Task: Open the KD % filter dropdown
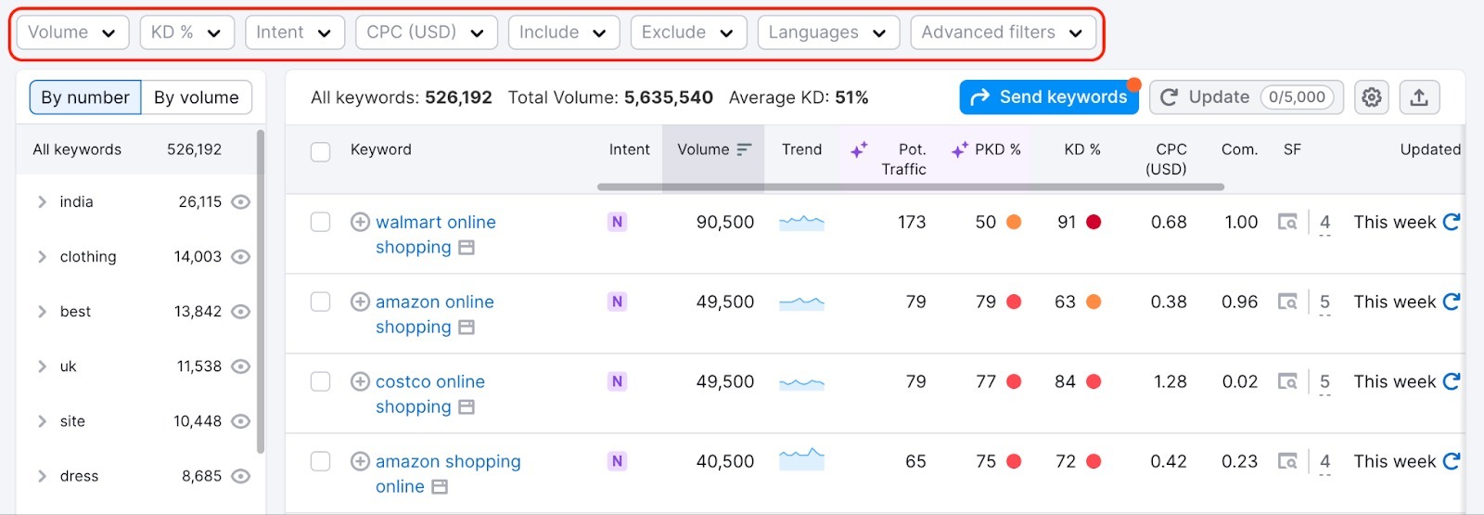[186, 32]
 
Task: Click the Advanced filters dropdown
[1003, 32]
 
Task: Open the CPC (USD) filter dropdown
[426, 32]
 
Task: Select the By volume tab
[196, 97]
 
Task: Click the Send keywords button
[1049, 97]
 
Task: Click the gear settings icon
[1371, 97]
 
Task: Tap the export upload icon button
[1419, 97]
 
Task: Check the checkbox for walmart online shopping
[320, 222]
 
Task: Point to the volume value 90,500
[724, 222]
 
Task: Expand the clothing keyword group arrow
[42, 257]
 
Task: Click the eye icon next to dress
[240, 476]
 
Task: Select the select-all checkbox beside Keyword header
[320, 152]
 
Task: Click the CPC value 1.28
[1170, 381]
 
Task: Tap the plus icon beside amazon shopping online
[360, 461]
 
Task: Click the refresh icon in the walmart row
[1452, 222]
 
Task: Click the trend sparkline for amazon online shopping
[801, 303]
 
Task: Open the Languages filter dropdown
[827, 32]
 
